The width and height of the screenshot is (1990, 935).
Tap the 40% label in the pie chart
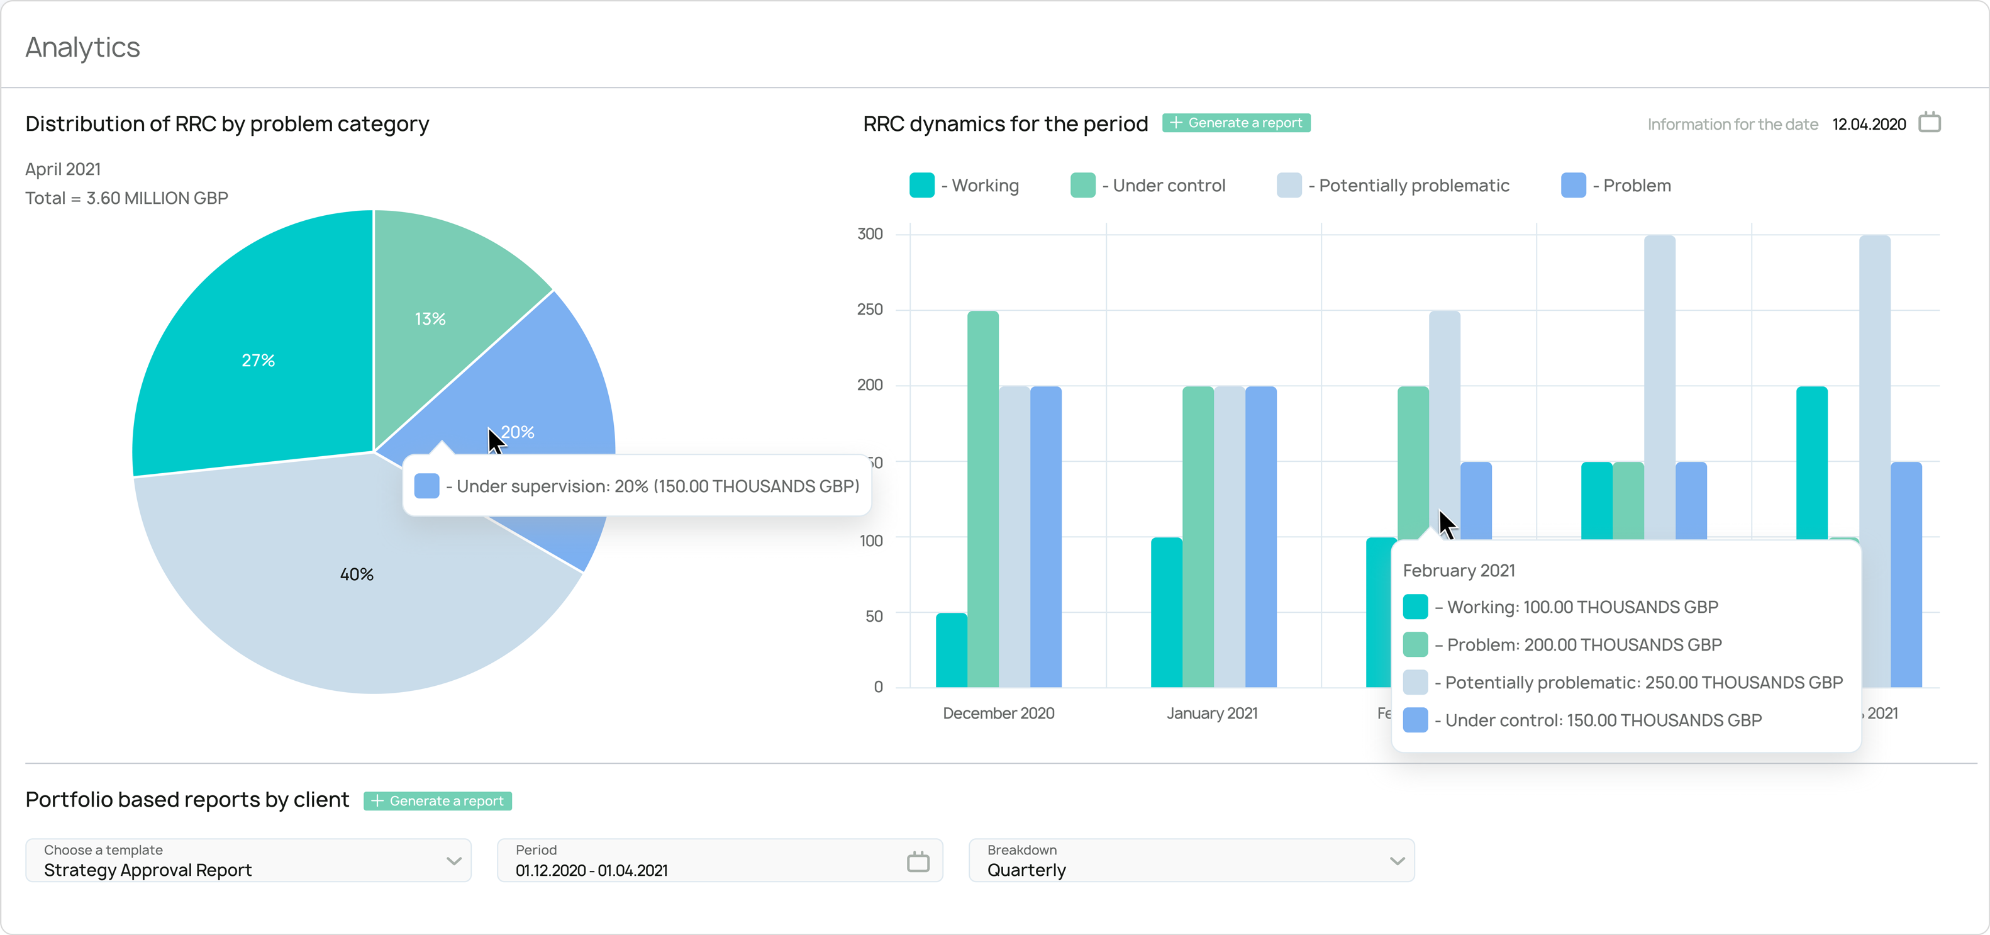point(357,574)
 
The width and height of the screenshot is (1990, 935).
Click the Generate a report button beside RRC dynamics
point(1236,123)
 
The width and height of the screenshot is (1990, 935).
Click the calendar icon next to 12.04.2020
point(1929,123)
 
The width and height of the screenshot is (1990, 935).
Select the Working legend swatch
point(921,186)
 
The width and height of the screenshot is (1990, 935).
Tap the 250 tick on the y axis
point(870,309)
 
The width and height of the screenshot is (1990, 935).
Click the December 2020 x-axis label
point(998,714)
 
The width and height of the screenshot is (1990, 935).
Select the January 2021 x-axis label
point(1212,714)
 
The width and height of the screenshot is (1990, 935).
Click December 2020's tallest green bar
point(982,495)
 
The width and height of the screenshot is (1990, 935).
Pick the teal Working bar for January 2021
point(1167,610)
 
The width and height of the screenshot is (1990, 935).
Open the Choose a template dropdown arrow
point(454,861)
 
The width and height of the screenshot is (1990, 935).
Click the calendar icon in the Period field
point(918,861)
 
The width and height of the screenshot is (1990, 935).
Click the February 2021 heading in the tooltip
point(1459,570)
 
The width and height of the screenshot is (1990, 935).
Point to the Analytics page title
point(82,47)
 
